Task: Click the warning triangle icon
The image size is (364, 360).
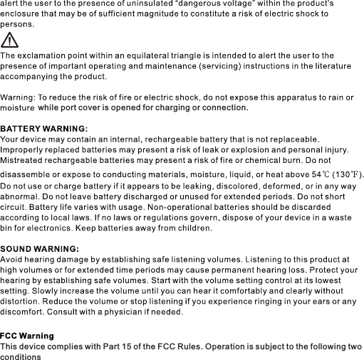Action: click(x=10, y=41)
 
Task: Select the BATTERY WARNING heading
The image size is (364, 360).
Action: click(x=44, y=128)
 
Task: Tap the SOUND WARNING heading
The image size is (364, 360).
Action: click(x=39, y=248)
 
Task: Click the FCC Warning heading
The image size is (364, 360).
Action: click(x=27, y=335)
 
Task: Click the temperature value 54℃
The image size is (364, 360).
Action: click(x=319, y=175)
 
